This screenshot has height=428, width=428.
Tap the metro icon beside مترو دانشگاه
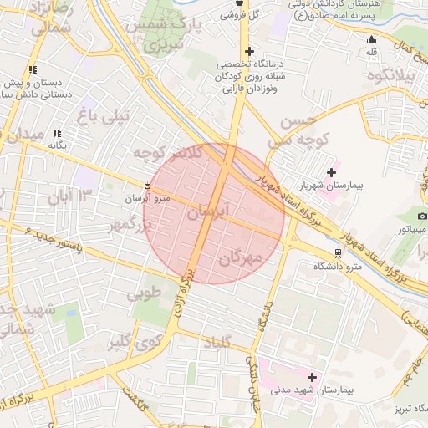pos(338,252)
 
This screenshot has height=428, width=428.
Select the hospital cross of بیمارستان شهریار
pos(332,172)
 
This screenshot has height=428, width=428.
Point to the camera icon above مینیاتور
pos(422,216)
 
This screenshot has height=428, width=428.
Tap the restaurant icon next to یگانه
pos(57,133)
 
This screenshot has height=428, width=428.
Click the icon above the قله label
pos(372,39)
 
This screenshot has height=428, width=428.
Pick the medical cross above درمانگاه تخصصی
pos(248,52)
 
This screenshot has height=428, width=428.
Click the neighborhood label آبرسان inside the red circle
pos(207,214)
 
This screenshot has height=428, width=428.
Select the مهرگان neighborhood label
pos(241,258)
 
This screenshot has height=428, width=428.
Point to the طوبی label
pos(143,293)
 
